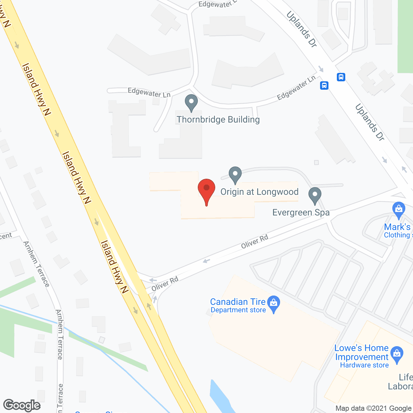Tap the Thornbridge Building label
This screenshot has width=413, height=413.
point(218,120)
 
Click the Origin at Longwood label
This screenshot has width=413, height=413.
point(259,192)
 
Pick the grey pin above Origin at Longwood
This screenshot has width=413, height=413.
point(235,175)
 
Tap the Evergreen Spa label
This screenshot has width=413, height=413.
point(301,213)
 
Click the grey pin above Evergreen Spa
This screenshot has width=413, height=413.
point(315,196)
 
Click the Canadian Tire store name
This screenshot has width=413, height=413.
point(238,302)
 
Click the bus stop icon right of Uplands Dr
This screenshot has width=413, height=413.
point(341,77)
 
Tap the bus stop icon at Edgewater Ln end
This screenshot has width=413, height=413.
point(324,86)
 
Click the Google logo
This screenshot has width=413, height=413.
point(22,405)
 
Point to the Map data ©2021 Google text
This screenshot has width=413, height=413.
point(373,408)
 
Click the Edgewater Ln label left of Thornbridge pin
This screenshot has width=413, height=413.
point(149,93)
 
